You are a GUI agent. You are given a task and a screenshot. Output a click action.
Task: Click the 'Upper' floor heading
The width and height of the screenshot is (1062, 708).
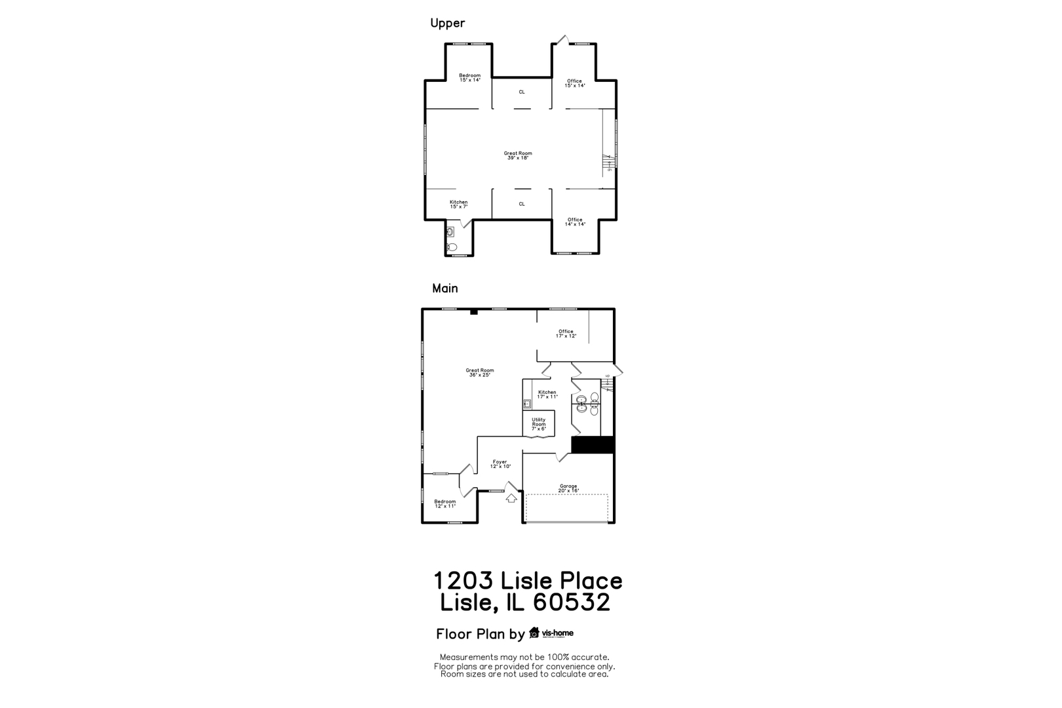pyautogui.click(x=447, y=23)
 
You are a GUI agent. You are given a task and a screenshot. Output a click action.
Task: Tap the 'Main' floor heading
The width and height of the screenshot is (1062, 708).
pyautogui.click(x=444, y=288)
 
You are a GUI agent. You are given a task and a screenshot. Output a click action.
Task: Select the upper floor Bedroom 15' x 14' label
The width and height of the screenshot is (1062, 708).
pyautogui.click(x=469, y=77)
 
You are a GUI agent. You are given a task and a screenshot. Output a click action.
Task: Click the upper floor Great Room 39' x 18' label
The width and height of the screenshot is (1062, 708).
pyautogui.click(x=518, y=155)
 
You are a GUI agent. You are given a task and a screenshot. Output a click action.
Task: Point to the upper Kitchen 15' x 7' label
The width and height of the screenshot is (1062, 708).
pyautogui.click(x=458, y=204)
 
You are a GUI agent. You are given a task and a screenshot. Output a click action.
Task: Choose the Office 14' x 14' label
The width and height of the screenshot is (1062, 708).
pyautogui.click(x=575, y=222)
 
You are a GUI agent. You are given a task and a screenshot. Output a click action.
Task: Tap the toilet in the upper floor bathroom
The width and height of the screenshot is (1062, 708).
pyautogui.click(x=451, y=247)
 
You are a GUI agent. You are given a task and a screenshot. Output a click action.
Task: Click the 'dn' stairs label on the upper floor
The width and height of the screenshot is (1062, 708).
pyautogui.click(x=610, y=170)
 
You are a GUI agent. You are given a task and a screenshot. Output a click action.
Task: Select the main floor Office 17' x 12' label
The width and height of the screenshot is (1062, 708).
pyautogui.click(x=566, y=334)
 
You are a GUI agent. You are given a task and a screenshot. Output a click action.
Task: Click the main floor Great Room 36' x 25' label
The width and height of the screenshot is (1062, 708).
pyautogui.click(x=480, y=372)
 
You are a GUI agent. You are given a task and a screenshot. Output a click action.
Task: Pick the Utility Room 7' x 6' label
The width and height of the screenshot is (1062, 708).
pyautogui.click(x=538, y=424)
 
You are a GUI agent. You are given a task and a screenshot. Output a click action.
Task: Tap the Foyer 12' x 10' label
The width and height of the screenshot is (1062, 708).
pyautogui.click(x=500, y=463)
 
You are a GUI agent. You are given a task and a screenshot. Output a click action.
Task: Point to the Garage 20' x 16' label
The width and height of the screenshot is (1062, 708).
pyautogui.click(x=568, y=488)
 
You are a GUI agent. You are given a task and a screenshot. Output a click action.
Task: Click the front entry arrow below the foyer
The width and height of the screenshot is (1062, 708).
pyautogui.click(x=511, y=498)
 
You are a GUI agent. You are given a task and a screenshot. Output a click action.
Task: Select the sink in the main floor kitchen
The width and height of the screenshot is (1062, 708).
pyautogui.click(x=527, y=404)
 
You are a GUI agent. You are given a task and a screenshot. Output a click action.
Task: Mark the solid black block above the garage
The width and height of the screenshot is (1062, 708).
pyautogui.click(x=593, y=444)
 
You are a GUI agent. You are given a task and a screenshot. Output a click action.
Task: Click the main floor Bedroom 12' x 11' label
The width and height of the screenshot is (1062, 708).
pyautogui.click(x=444, y=503)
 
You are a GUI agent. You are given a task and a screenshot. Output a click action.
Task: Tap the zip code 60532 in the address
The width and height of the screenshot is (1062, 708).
pyautogui.click(x=572, y=602)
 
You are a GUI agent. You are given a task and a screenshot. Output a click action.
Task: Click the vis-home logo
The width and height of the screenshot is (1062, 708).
pyautogui.click(x=551, y=633)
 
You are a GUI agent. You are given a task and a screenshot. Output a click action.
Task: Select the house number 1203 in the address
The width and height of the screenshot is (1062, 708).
pyautogui.click(x=462, y=581)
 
